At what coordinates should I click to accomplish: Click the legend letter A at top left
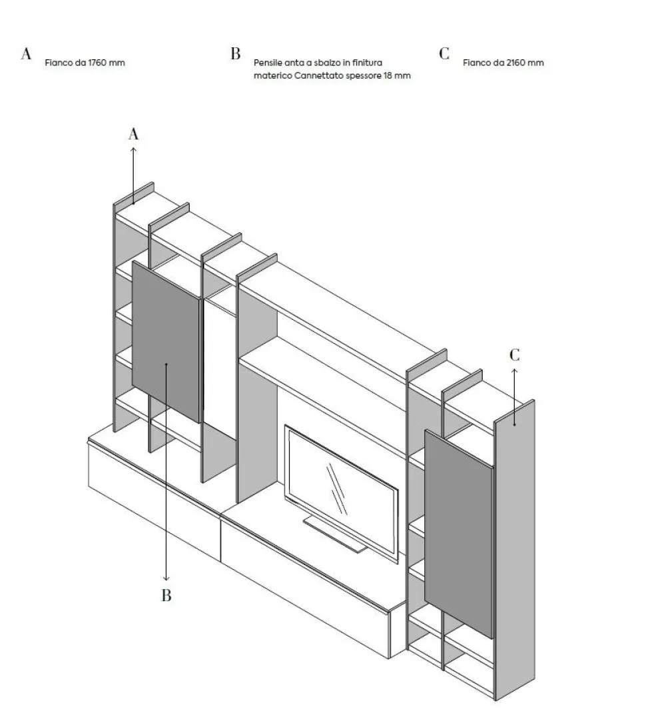point(26,53)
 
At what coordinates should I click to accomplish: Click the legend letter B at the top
point(235,53)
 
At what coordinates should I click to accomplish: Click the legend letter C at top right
point(444,53)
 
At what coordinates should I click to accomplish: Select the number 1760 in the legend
point(97,63)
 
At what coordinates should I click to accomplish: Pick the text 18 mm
point(397,76)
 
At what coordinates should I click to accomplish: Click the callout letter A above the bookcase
point(133,134)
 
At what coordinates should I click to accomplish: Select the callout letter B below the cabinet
point(166,595)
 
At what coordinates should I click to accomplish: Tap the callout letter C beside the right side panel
point(515,355)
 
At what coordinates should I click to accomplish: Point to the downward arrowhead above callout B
point(166,578)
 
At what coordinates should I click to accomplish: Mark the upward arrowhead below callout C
point(515,371)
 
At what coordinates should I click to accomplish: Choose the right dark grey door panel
point(459,534)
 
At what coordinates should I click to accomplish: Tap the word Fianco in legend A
point(58,63)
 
